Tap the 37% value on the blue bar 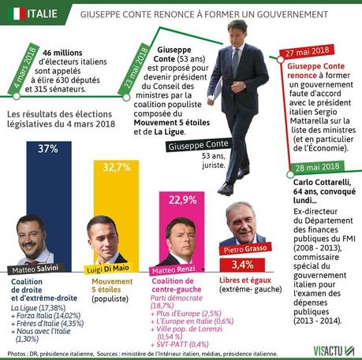pos(49,148)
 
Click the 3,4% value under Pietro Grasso pos(244,264)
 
